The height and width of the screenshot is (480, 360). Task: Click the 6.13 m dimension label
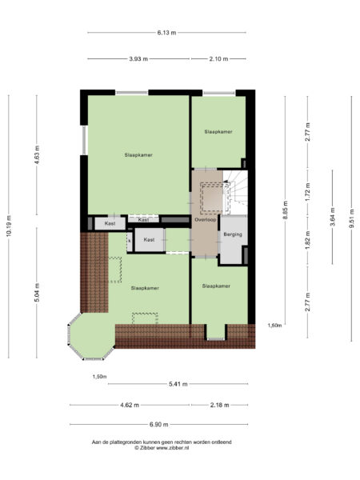pyautogui.click(x=166, y=33)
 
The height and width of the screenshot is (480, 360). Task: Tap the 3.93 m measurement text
pyautogui.click(x=138, y=59)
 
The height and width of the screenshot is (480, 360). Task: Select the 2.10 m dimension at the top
pyautogui.click(x=218, y=59)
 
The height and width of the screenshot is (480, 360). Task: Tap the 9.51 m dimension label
pyautogui.click(x=351, y=218)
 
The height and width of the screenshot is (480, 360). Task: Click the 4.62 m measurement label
pyautogui.click(x=130, y=404)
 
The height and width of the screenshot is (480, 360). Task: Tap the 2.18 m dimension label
pyautogui.click(x=218, y=404)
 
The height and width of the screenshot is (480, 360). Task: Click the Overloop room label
pyautogui.click(x=205, y=219)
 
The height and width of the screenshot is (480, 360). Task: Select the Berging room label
pyautogui.click(x=232, y=234)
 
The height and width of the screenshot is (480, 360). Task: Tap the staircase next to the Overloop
pyautogui.click(x=238, y=192)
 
